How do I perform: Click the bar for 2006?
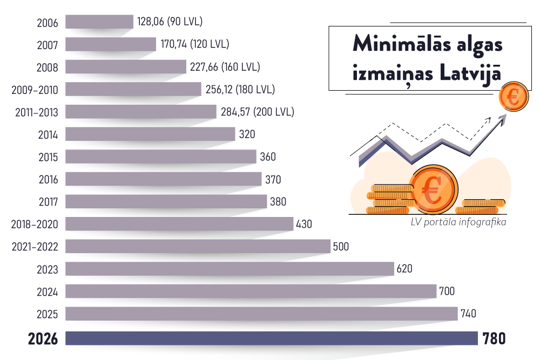pos(99,22)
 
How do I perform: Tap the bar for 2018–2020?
pos(179,224)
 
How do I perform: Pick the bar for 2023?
pos(230,269)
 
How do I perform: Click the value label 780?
pos(494,339)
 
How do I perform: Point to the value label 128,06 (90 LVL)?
pos(170,22)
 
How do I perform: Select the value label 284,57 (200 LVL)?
pos(257,112)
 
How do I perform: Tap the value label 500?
pos(341,247)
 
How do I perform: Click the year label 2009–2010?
pos(35,90)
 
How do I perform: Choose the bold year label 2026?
pos(43,339)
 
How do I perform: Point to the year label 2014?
pos(48,134)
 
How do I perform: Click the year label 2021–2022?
pos(35,247)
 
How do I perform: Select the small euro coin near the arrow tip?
pos(512,98)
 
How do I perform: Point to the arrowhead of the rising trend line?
pos(503,119)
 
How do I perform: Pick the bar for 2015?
pos(160,157)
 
